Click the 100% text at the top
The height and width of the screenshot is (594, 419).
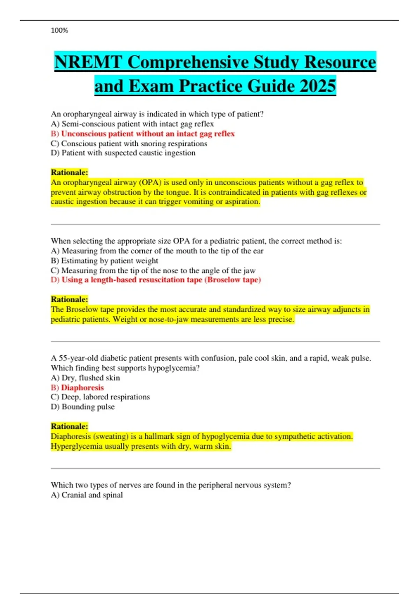[x=59, y=30]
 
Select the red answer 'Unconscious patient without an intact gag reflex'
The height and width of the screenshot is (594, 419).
[x=148, y=133]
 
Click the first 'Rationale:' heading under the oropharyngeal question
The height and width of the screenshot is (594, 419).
[x=69, y=172]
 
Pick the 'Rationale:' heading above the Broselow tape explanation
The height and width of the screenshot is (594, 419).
[x=69, y=299]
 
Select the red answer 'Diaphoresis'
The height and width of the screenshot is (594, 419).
[x=82, y=387]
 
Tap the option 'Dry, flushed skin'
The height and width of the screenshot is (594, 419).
[x=90, y=378]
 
